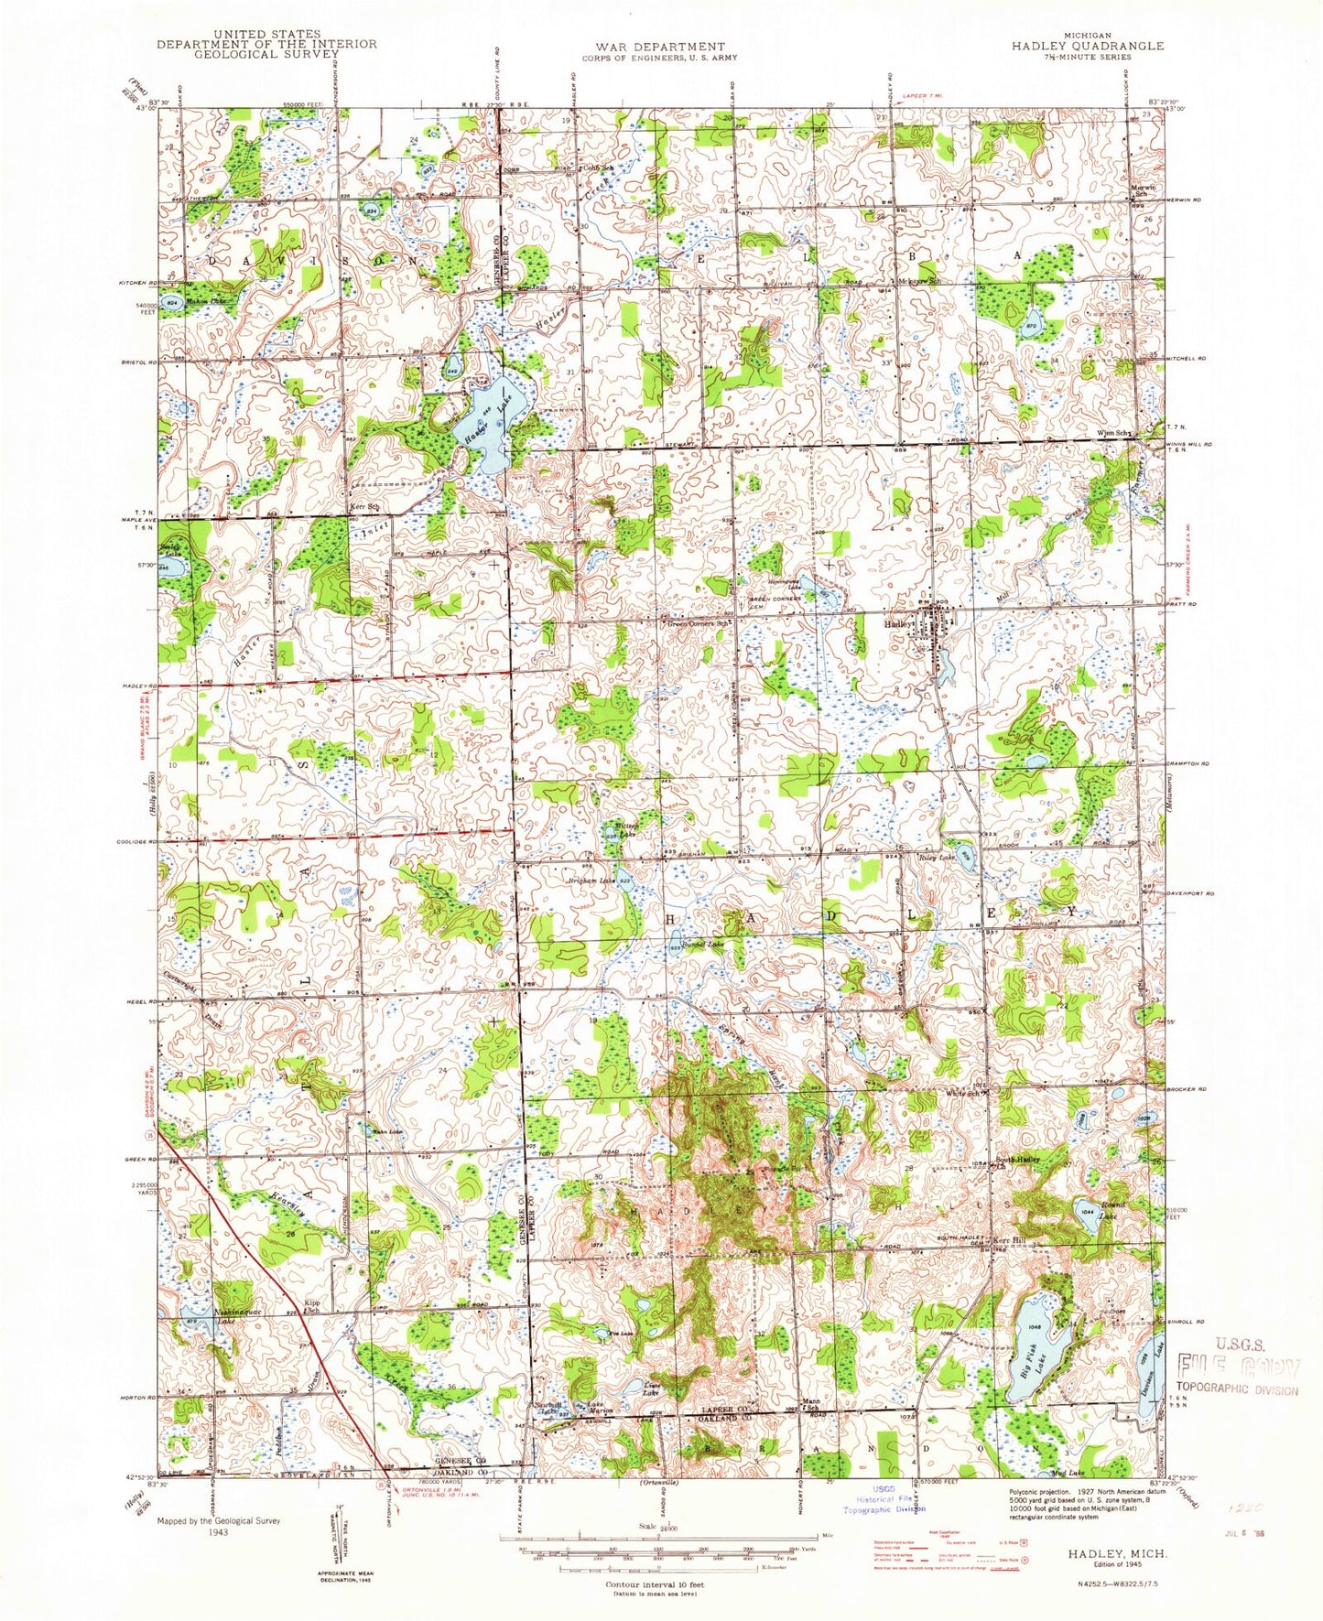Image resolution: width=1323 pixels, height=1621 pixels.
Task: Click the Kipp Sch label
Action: pyautogui.click(x=313, y=1309)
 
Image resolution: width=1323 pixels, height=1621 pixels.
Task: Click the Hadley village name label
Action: pyautogui.click(x=898, y=623)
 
